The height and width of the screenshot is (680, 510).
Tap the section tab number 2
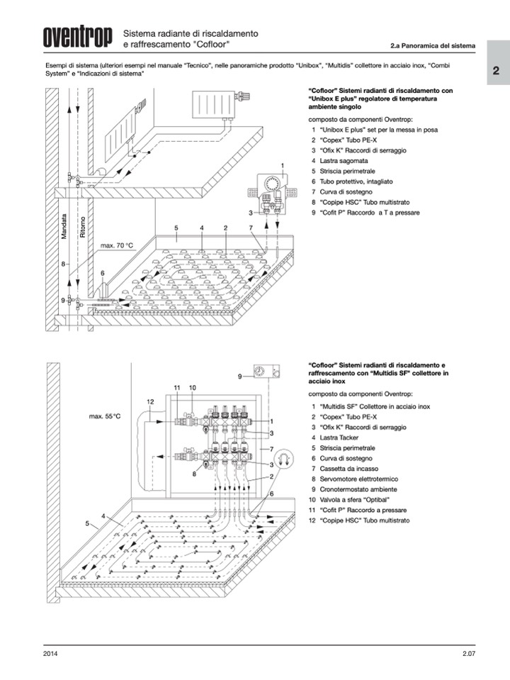click(x=497, y=71)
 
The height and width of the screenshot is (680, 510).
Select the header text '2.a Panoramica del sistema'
click(x=431, y=46)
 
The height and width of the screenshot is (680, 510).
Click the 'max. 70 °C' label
click(x=117, y=245)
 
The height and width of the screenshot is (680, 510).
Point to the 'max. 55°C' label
click(x=105, y=416)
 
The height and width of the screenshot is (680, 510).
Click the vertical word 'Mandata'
click(x=64, y=228)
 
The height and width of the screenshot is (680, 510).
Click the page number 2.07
click(x=463, y=653)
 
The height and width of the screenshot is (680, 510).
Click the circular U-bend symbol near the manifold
click(x=284, y=459)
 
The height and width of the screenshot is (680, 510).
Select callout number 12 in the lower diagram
click(x=150, y=402)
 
